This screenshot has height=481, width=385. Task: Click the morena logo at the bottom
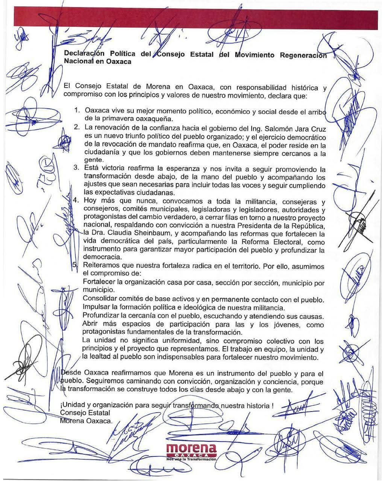click(x=192, y=451)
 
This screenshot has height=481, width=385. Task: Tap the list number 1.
click(x=77, y=111)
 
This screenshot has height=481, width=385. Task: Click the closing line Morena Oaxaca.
click(x=86, y=421)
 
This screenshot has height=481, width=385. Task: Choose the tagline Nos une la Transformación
click(x=191, y=460)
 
